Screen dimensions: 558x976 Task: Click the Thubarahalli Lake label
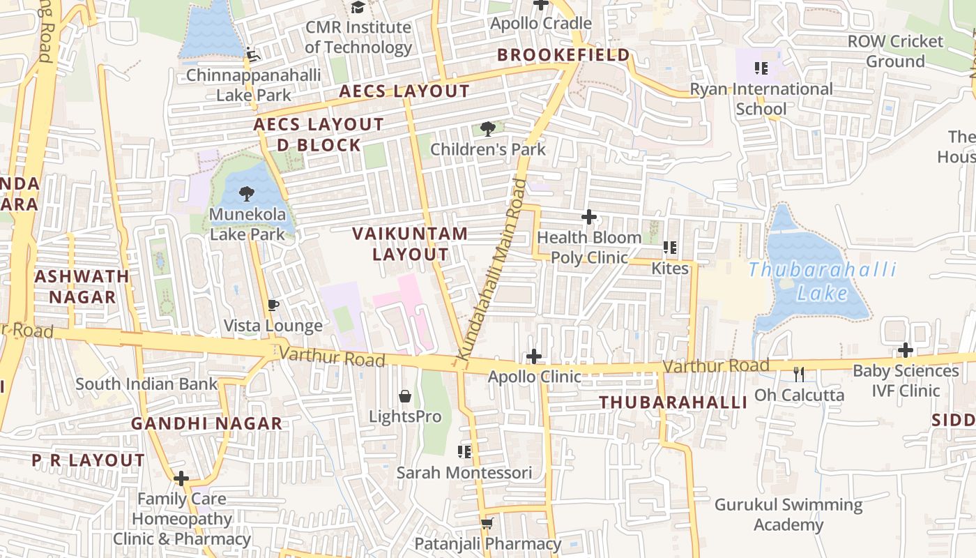[823, 281]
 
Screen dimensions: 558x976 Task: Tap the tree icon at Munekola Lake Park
[246, 194]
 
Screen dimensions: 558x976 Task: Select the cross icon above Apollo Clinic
[534, 356]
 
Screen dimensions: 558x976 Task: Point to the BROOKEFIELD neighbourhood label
[563, 55]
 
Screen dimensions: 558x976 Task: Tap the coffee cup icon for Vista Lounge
[273, 306]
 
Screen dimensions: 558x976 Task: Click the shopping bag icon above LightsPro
[405, 397]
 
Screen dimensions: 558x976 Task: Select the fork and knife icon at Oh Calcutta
[799, 375]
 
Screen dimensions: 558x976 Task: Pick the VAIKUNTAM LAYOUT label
[410, 243]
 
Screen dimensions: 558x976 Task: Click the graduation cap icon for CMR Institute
[358, 8]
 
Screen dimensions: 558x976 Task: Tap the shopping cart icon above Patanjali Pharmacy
[487, 523]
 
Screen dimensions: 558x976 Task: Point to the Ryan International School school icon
[761, 68]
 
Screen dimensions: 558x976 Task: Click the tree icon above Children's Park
[488, 128]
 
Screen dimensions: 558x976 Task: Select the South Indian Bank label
[146, 384]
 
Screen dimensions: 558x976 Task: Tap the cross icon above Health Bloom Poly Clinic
[589, 217]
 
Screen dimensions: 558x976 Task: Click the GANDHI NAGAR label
[206, 423]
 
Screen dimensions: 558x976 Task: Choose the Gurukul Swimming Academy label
[788, 514]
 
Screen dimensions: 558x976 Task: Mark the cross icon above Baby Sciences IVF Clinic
[906, 350]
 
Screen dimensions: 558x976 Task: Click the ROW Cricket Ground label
[895, 51]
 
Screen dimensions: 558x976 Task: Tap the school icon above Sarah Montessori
[464, 452]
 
